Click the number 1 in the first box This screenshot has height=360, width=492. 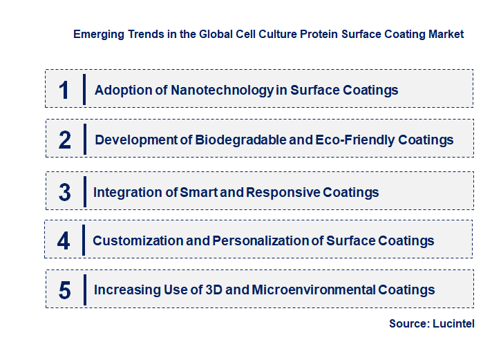point(64,90)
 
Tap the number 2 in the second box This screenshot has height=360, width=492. point(65,140)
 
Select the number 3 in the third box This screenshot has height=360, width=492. point(65,192)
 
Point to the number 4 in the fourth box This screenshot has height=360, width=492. point(64,240)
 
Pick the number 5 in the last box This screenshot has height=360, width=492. point(65,290)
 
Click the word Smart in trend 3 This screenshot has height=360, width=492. point(200,192)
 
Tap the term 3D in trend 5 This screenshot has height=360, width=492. point(216,290)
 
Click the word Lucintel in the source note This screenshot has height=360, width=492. point(454,323)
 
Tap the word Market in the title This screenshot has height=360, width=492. point(445,34)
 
